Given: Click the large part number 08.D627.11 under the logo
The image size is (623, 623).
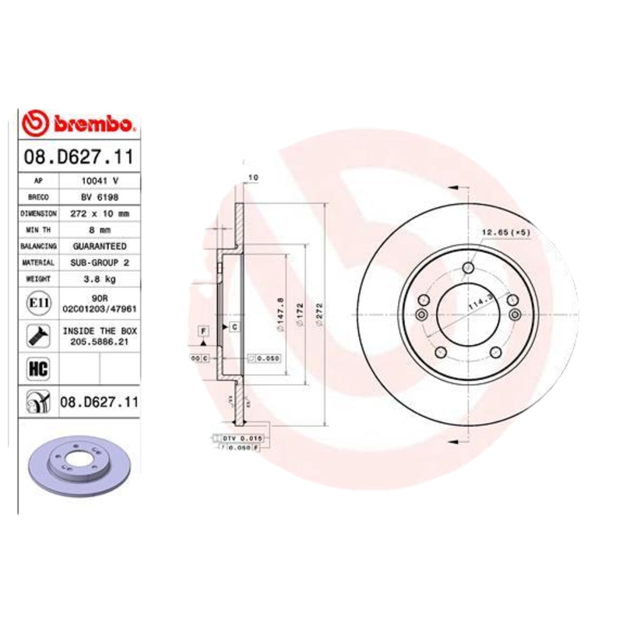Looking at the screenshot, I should [x=77, y=157].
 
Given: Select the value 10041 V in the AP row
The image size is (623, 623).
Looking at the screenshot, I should [x=98, y=181].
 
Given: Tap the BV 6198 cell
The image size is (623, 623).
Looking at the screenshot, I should [x=98, y=197].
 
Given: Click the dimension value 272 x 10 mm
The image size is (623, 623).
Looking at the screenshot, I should [x=98, y=213].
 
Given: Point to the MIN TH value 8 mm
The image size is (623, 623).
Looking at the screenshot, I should [x=98, y=230].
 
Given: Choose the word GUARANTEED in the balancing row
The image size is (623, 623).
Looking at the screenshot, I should [x=98, y=246].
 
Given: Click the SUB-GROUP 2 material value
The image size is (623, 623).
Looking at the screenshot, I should [x=98, y=262].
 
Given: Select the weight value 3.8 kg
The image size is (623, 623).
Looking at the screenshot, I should [x=98, y=279].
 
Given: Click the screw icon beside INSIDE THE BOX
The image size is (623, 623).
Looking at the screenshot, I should [x=36, y=336].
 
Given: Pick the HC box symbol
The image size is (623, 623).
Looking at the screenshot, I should [x=35, y=367].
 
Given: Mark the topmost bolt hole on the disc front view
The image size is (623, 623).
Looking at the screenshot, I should [x=467, y=269].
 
